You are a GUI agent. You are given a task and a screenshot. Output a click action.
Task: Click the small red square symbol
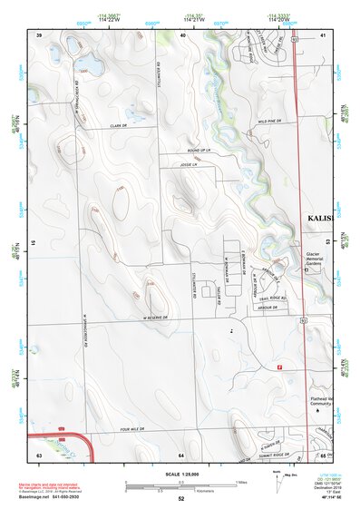tap(279, 367)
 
